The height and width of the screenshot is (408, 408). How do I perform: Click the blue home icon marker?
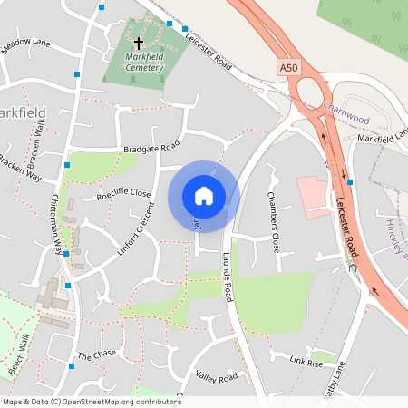pos(204,196)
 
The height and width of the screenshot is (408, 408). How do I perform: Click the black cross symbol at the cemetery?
pos(139,43)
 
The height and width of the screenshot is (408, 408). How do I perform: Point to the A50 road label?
pos(287,67)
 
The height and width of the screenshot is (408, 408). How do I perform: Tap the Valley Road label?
pos(217,376)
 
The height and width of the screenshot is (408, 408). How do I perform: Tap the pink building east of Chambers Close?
pos(313,198)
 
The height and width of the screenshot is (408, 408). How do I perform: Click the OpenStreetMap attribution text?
pos(92,401)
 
